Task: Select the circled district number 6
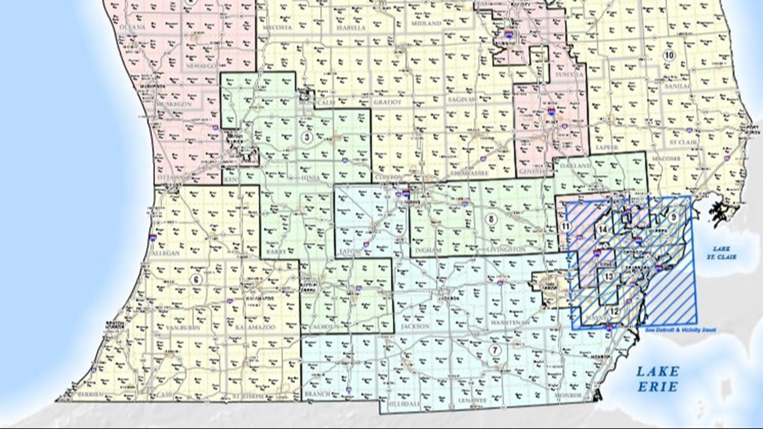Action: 196,280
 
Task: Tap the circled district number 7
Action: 495,350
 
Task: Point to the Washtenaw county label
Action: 514,323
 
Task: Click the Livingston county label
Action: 506,249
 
